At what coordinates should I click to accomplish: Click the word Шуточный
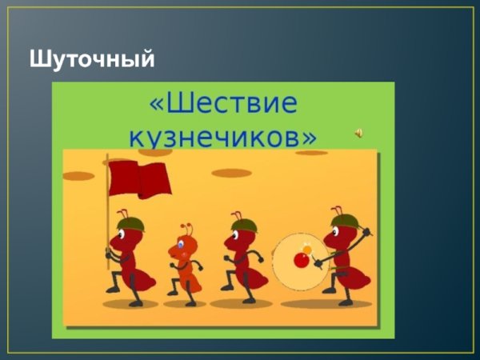coord(91,59)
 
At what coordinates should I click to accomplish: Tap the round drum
coord(299,260)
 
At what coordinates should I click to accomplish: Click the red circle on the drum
coord(302,260)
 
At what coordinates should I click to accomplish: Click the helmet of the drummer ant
coord(343,220)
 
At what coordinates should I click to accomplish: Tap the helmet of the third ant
coord(242,225)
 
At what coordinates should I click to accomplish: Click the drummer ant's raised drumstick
coord(364,234)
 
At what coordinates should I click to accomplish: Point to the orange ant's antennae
coord(186,230)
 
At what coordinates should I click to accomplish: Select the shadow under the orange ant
coord(185,304)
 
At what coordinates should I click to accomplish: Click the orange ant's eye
coord(182,243)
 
